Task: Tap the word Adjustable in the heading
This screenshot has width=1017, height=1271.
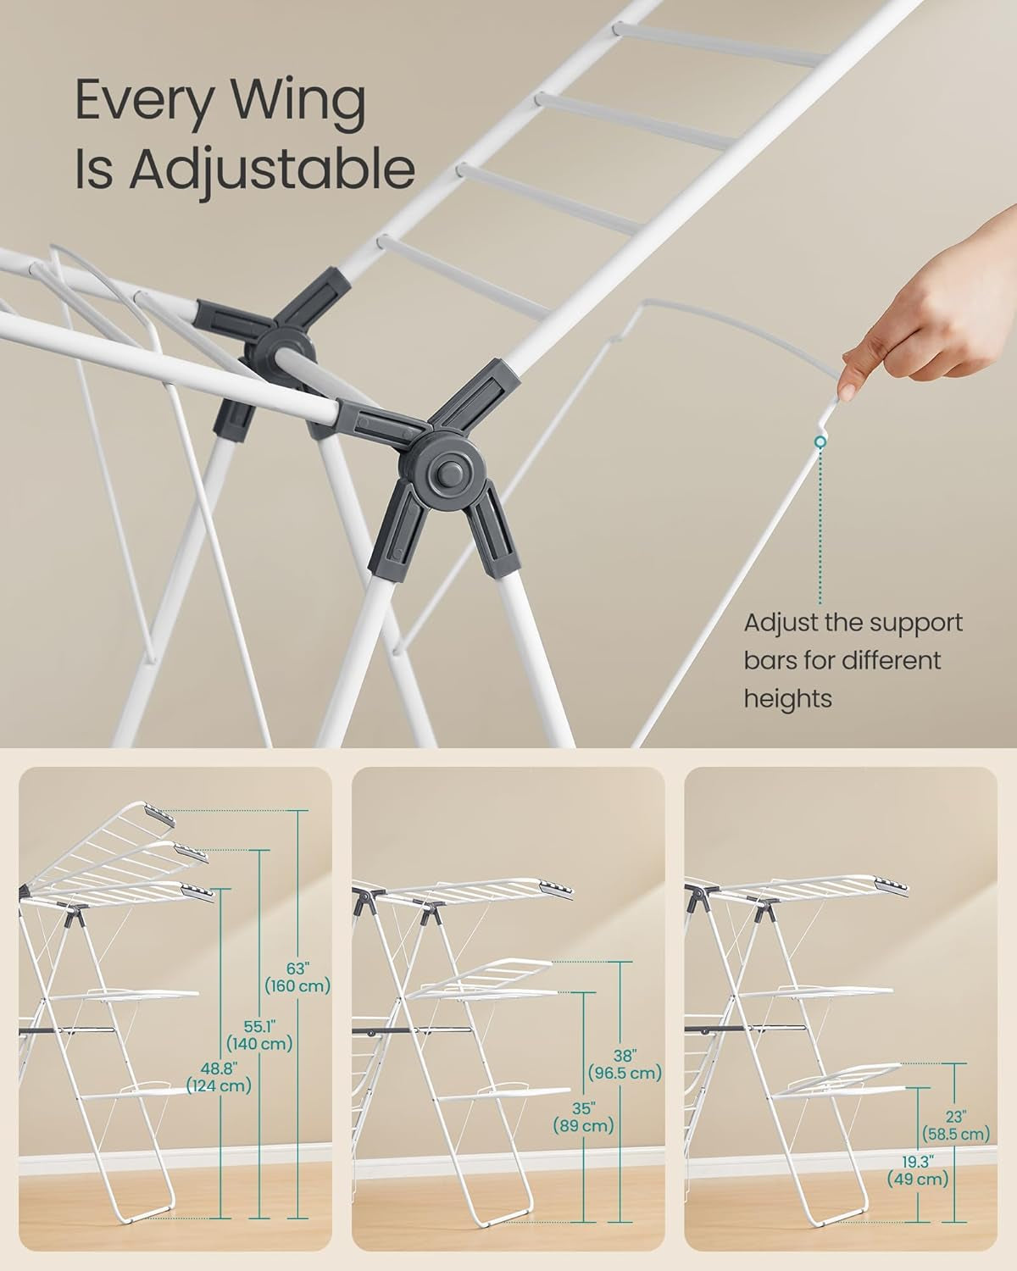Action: click(x=272, y=171)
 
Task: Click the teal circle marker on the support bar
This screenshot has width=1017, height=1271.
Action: click(x=820, y=442)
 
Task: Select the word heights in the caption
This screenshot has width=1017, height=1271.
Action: click(x=787, y=698)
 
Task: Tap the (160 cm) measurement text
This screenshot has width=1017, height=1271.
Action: click(x=297, y=985)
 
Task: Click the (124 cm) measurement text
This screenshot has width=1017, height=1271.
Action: click(x=220, y=1085)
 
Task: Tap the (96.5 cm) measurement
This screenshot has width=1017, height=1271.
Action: click(x=625, y=1073)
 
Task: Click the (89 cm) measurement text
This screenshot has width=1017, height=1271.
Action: click(x=583, y=1127)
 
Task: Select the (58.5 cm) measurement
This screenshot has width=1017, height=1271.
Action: click(x=957, y=1134)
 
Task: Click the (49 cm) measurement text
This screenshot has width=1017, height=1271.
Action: click(x=918, y=1179)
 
